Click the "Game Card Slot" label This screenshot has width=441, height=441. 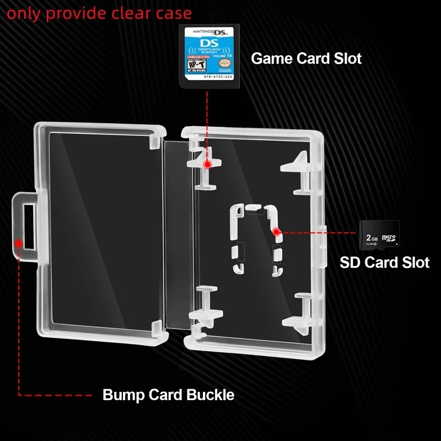click(306, 58)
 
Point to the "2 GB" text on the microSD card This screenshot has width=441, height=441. click(372, 238)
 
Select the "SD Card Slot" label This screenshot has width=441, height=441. click(384, 262)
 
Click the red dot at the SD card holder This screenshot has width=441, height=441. click(277, 232)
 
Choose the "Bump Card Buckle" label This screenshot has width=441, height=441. click(168, 395)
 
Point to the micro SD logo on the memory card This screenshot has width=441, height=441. click(389, 238)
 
